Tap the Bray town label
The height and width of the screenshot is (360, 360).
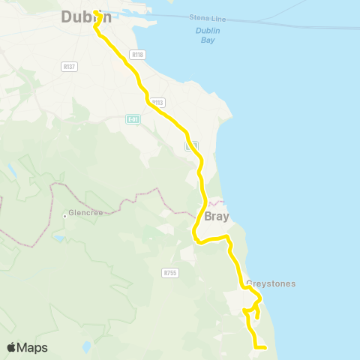[216, 217]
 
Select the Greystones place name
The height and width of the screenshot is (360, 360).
[270, 283]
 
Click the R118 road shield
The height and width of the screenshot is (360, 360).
[136, 55]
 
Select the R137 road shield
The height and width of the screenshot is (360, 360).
[70, 67]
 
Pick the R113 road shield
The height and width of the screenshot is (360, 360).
[157, 102]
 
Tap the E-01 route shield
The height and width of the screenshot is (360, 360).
[133, 119]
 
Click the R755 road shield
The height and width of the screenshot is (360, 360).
[170, 274]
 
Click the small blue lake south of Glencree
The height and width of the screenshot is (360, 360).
[58, 239]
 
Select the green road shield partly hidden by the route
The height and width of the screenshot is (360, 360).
[191, 145]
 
